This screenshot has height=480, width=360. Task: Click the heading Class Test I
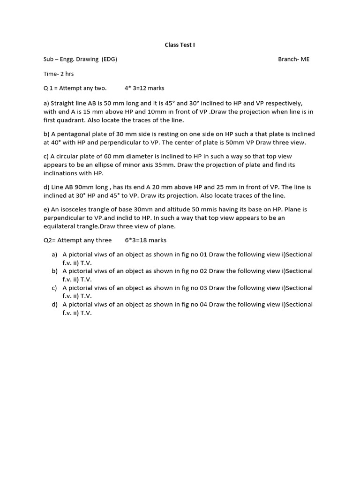pyautogui.click(x=180, y=45)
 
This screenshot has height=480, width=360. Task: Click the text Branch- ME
pyautogui.click(x=293, y=60)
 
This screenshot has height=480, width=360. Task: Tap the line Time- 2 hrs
pyautogui.click(x=59, y=74)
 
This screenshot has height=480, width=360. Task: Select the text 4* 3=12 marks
pyautogui.click(x=144, y=88)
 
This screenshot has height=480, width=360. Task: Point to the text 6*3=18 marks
pyautogui.click(x=145, y=240)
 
